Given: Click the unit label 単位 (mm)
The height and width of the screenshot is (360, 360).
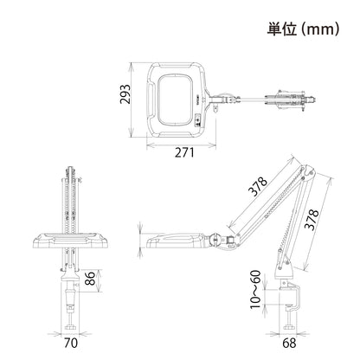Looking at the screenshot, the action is tap(303, 29).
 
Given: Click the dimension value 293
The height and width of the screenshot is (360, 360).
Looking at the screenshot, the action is tap(125, 94).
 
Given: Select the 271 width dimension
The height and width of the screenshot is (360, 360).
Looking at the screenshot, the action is tap(184, 152).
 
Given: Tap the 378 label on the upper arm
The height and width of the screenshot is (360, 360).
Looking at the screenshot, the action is tap(258, 187).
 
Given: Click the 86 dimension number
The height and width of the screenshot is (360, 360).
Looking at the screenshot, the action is tap(90, 279).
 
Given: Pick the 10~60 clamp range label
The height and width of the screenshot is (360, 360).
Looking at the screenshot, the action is tap(255, 289).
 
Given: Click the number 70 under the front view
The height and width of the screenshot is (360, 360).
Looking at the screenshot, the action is tap(71, 343).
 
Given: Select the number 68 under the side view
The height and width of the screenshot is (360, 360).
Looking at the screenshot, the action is tap(289, 343).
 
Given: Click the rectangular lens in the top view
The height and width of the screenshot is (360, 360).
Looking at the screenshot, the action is tap(175, 100).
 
